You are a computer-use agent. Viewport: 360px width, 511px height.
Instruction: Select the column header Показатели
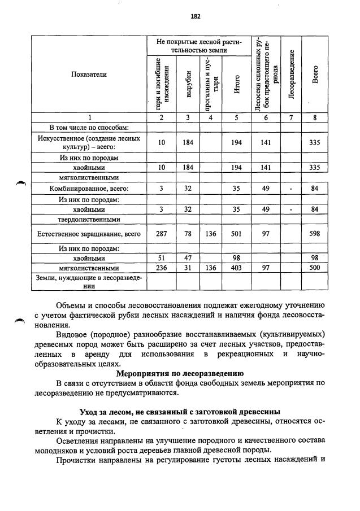point(89,74)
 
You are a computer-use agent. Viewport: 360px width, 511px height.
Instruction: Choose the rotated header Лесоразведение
point(291,74)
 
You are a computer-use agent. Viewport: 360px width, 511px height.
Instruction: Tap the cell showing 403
point(237,268)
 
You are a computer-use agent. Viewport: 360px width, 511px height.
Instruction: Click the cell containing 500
point(315,268)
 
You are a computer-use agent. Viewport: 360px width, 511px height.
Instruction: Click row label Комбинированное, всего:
point(89,189)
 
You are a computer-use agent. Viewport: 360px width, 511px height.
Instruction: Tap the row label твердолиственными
point(89,219)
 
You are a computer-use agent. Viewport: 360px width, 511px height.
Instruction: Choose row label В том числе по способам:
point(89,128)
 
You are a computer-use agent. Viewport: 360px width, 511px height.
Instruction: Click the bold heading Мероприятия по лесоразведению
point(180,373)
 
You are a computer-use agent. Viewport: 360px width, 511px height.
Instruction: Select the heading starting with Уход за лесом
point(180,411)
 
